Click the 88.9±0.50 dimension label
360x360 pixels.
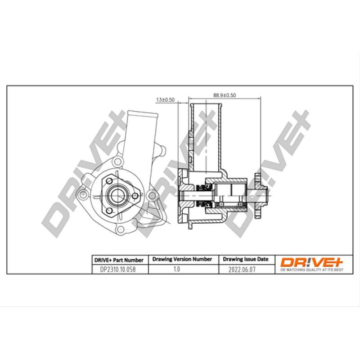225,95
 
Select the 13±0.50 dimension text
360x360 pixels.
165,100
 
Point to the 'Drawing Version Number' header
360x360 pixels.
182,259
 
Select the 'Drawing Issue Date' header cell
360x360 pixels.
246,259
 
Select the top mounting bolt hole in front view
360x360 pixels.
117,162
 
